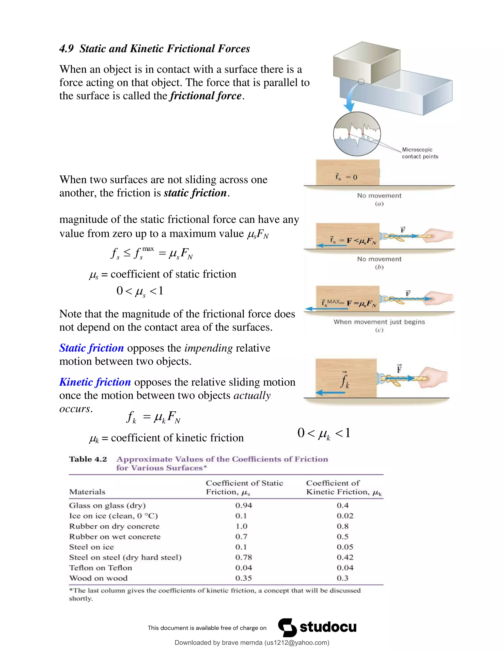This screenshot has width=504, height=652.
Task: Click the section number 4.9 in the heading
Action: (66, 49)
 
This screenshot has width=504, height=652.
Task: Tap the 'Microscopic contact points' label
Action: (420, 153)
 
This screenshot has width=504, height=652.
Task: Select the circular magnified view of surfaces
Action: (357, 134)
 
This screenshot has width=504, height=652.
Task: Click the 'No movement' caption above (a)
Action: (379, 196)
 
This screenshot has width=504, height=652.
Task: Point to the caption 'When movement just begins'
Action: (379, 322)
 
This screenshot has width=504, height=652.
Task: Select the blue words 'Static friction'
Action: (91, 348)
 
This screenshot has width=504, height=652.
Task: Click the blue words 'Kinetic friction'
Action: (95, 382)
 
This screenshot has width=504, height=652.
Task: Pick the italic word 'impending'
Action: (208, 348)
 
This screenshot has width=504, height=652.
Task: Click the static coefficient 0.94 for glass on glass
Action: (243, 505)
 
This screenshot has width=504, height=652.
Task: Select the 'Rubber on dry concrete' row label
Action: (114, 526)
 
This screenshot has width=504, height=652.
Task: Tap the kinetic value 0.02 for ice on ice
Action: (345, 516)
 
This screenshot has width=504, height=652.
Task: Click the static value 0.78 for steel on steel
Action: (243, 557)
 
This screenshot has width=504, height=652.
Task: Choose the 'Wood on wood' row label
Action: (98, 578)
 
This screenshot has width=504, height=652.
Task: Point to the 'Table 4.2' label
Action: (88, 459)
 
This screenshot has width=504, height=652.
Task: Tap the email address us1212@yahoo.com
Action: (297, 642)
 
